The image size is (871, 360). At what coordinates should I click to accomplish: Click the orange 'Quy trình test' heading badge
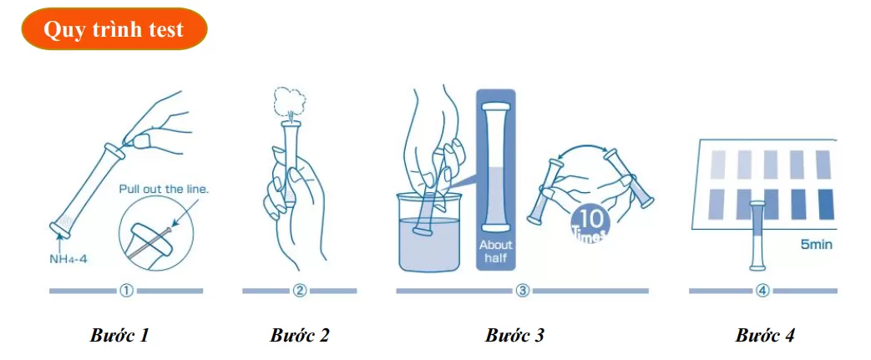tap(114, 29)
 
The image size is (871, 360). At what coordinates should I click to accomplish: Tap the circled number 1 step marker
tap(126, 291)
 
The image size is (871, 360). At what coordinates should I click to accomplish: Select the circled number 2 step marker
tap(300, 291)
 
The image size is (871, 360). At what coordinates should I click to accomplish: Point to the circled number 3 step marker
tap(522, 291)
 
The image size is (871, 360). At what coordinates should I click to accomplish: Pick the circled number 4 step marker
tap(763, 291)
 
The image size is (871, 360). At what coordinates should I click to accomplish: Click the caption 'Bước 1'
tap(120, 336)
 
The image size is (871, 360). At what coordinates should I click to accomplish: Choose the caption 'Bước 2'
tap(300, 336)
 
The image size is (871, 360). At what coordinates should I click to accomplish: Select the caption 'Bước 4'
tap(765, 336)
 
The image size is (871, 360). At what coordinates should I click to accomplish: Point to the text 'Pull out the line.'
tap(164, 190)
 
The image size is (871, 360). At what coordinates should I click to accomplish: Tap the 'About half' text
tap(495, 251)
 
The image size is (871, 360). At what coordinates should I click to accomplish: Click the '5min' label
tap(817, 244)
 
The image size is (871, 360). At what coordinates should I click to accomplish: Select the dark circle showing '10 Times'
tap(590, 225)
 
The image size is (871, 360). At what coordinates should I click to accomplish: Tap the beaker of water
tap(428, 232)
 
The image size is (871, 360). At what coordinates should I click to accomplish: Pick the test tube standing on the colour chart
tap(757, 236)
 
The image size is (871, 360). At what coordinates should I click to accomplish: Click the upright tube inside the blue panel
tap(495, 167)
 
